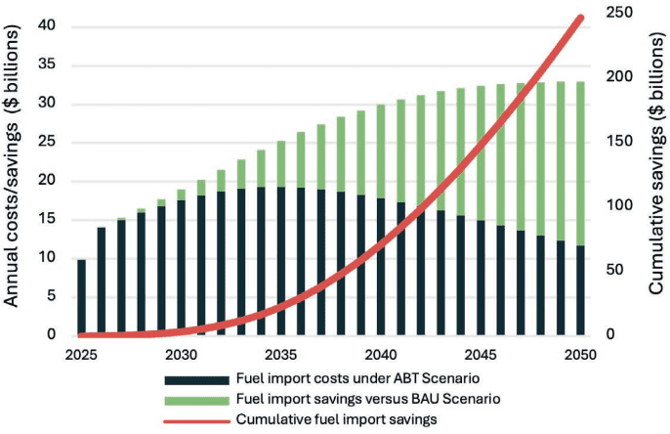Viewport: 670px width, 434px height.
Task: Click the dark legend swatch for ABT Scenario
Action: coord(195,378)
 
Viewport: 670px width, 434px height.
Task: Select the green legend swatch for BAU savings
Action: coord(195,398)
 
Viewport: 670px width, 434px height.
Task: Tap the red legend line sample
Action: coord(195,417)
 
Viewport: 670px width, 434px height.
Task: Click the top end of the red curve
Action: coord(582,17)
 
